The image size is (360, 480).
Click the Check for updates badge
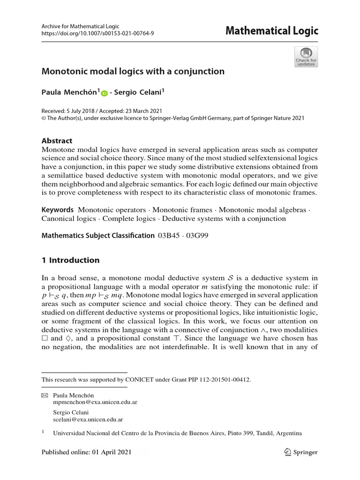(x=306, y=57)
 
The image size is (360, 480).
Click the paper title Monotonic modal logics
(x=133, y=72)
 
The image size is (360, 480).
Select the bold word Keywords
(x=58, y=210)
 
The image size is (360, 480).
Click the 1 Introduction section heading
(x=71, y=260)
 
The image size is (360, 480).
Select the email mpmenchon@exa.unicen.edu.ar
(x=95, y=402)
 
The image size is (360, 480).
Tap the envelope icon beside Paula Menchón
(x=45, y=396)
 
